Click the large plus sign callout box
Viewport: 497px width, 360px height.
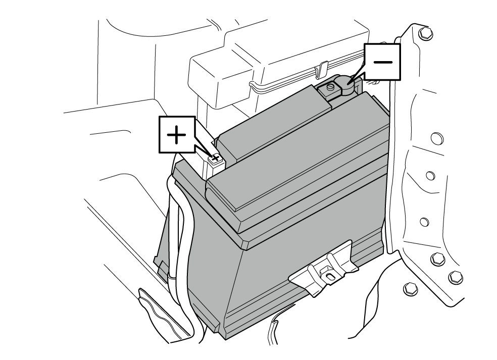[x=177, y=135]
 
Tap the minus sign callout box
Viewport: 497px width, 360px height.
[x=382, y=62]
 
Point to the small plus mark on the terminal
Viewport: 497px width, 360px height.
[x=216, y=158]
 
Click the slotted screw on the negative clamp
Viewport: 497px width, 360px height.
[x=330, y=86]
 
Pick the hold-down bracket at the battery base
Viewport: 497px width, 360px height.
[x=323, y=269]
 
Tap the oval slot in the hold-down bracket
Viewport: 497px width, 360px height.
[x=330, y=276]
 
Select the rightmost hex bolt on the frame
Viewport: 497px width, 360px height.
[x=455, y=277]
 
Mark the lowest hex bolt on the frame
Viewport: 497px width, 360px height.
[x=409, y=289]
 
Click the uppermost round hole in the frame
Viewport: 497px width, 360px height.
[x=437, y=138]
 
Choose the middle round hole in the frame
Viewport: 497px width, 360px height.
[x=430, y=176]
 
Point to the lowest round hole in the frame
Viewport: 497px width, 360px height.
[x=424, y=222]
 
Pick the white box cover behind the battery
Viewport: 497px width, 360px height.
[x=279, y=64]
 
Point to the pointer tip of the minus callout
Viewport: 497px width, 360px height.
[x=348, y=84]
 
